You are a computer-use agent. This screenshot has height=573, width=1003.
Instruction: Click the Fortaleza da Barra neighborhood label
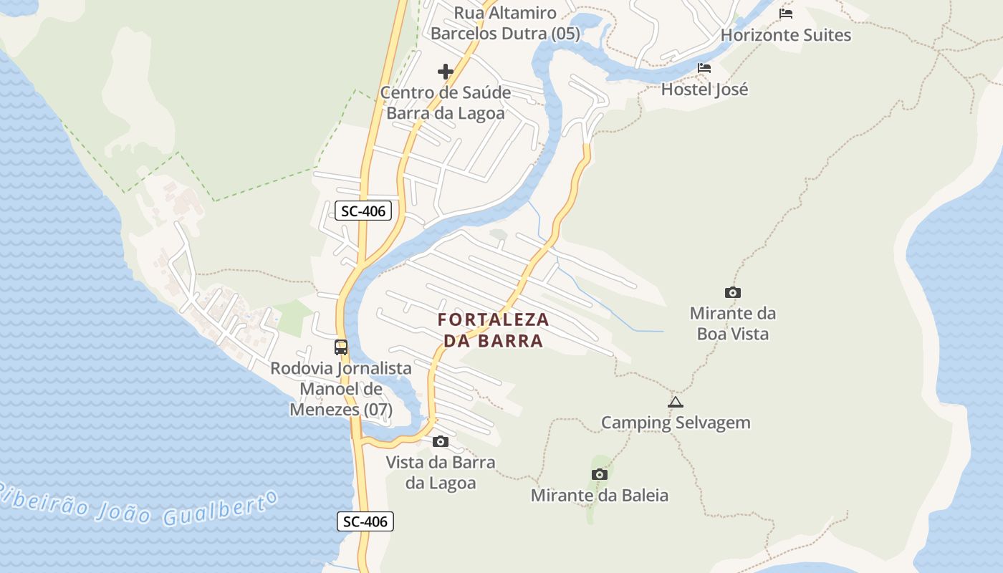493,329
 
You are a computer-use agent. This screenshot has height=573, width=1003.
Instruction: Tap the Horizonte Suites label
786,35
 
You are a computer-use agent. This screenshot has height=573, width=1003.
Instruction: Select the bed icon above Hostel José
704,69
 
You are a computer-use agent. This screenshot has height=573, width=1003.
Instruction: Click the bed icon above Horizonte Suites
786,14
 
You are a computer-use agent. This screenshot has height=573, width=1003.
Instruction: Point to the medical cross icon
446,72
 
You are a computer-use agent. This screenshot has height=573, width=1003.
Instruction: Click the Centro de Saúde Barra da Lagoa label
446,102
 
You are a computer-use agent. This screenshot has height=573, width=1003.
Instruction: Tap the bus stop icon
341,347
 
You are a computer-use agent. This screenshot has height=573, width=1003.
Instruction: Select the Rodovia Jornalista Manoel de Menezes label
341,389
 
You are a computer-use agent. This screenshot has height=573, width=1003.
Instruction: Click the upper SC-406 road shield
364,211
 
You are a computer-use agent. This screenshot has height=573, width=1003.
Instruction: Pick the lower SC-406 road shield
365,521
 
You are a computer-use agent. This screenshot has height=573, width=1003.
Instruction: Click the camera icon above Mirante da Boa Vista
732,292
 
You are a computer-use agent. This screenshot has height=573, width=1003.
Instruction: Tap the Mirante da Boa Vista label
732,323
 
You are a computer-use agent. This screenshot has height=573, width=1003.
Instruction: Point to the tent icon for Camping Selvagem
675,403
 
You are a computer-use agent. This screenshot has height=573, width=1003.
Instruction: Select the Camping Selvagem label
675,423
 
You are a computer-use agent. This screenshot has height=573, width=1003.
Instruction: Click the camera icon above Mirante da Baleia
600,474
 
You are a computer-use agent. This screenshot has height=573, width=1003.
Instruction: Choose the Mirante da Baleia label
600,495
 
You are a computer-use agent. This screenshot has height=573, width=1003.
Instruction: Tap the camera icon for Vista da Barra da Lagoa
441,441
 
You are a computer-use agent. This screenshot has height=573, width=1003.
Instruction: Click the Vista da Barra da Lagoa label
441,472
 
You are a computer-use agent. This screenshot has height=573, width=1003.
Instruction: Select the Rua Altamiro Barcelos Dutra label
504,23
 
